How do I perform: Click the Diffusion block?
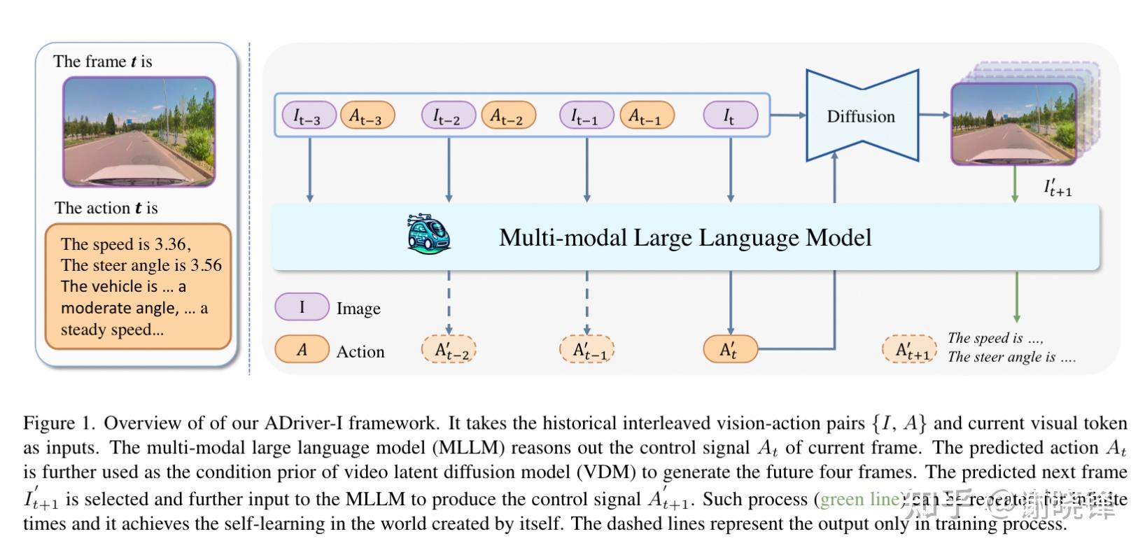point(861,116)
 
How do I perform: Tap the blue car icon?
point(428,234)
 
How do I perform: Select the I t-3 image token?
point(309,115)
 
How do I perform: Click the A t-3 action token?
point(367,115)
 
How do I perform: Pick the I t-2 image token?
point(448,115)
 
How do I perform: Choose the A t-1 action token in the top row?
point(647,115)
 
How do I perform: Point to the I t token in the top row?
point(730,115)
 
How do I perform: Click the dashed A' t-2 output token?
point(449,350)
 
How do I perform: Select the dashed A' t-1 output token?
point(586,350)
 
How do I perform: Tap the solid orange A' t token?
point(730,349)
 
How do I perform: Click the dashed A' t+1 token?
point(908,349)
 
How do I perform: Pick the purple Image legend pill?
point(302,306)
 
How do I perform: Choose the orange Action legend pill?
point(302,349)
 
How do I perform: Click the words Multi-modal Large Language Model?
point(684,238)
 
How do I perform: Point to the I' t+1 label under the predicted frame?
point(1057,188)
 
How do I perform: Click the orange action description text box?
point(138,286)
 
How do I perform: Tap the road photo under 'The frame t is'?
point(139,132)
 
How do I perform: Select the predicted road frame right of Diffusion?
point(1013,124)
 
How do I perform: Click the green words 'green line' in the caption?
point(859,499)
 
